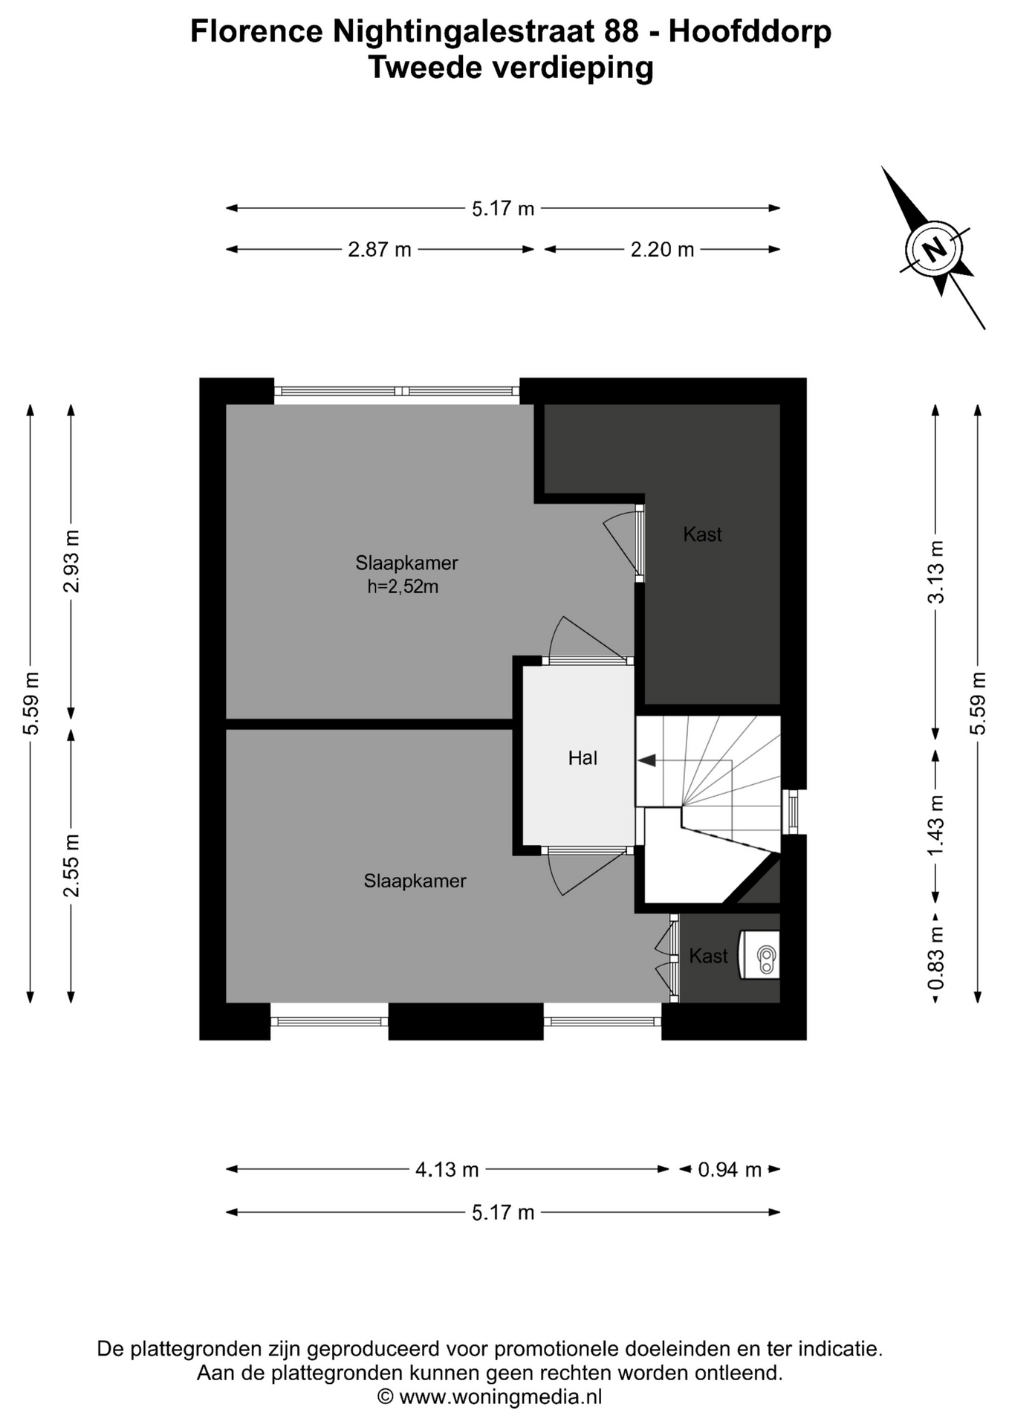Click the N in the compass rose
coord(935,247)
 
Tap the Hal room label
coord(583,758)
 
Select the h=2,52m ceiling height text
coord(403,587)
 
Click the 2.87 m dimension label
coord(380,250)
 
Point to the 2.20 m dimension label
coord(662,250)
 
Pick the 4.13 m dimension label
coord(447,1170)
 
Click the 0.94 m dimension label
coord(730,1170)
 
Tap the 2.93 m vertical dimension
coord(71,562)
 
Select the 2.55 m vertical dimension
coord(71,865)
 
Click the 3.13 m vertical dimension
coord(936,572)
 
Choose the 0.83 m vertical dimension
coord(936,958)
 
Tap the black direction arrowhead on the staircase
coord(646,760)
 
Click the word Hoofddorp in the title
coord(750,32)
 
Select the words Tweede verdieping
coord(511,68)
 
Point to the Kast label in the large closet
coord(702,534)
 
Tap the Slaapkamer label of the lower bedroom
coord(415,881)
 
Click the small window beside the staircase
coord(793,812)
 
